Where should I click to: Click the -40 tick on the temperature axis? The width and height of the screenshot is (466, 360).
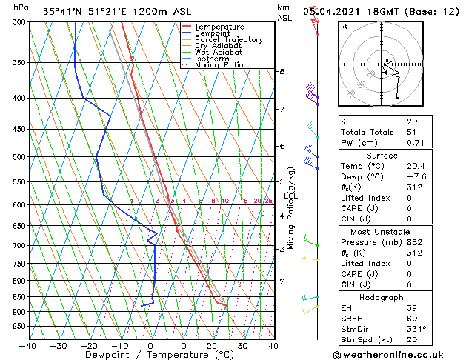pos(28,345)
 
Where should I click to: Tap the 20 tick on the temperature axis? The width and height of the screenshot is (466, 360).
pos(212,345)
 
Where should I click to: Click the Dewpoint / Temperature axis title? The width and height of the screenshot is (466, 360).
pos(151,355)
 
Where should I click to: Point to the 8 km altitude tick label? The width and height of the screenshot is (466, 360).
pos(282,71)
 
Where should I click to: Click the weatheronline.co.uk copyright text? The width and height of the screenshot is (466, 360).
pos(397,354)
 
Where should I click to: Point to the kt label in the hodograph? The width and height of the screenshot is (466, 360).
pos(344,26)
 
